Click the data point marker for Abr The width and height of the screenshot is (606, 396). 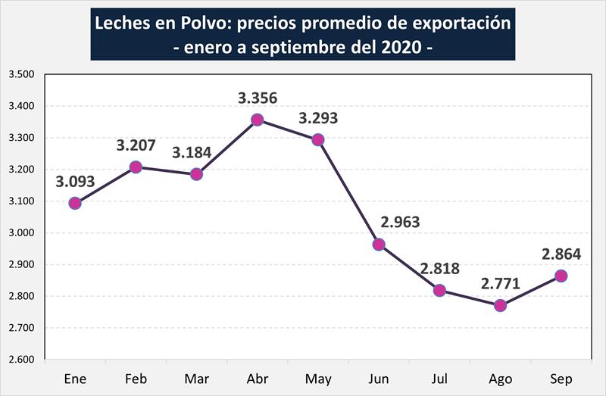pos(258,120)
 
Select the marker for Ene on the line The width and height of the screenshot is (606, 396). pos(75,203)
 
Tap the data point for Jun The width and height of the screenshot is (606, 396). pos(379,244)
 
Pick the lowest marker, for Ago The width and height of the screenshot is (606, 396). pos(500,305)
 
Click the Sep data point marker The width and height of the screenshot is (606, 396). pos(561,276)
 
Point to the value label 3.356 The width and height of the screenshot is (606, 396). pos(258,98)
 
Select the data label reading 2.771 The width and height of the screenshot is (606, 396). pos(500,285)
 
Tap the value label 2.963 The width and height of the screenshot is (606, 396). pos(399,223)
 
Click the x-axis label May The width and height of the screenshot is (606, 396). pos(318,379)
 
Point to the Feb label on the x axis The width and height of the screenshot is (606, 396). pos(136,379)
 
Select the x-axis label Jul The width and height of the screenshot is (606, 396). pos(439,379)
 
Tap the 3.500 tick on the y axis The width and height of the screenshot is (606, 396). pos(22,74)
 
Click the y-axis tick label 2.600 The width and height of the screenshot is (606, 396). pos(22,359)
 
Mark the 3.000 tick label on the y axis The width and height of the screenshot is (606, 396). pos(22,232)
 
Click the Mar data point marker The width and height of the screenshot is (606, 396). pos(196,174)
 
